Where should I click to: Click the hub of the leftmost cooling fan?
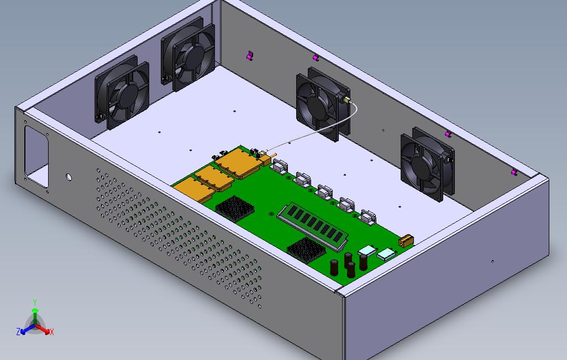coord(125,95)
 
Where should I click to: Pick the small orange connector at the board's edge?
coord(406,240)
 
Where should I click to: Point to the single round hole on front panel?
coord(69,177)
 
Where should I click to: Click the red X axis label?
coord(52,332)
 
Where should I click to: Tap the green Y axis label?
coord(35,303)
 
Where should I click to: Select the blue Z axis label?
coord(18,332)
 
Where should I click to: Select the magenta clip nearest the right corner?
coord(514,173)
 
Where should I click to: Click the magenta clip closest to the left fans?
coord(250,55)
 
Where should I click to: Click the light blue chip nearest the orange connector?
coord(386,254)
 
